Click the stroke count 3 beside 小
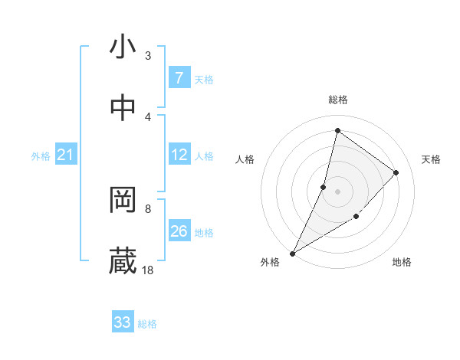148,55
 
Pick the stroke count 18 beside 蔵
148,270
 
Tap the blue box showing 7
179,77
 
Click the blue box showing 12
179,155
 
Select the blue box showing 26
179,231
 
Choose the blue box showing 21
65,155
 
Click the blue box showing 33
123,322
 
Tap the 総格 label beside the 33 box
148,324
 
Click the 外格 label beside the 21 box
41,156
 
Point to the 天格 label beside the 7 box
204,79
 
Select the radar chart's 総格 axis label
338,100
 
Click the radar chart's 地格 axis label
402,263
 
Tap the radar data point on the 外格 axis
292,254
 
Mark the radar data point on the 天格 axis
396,172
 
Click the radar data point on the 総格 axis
337,130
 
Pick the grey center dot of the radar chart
337,191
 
